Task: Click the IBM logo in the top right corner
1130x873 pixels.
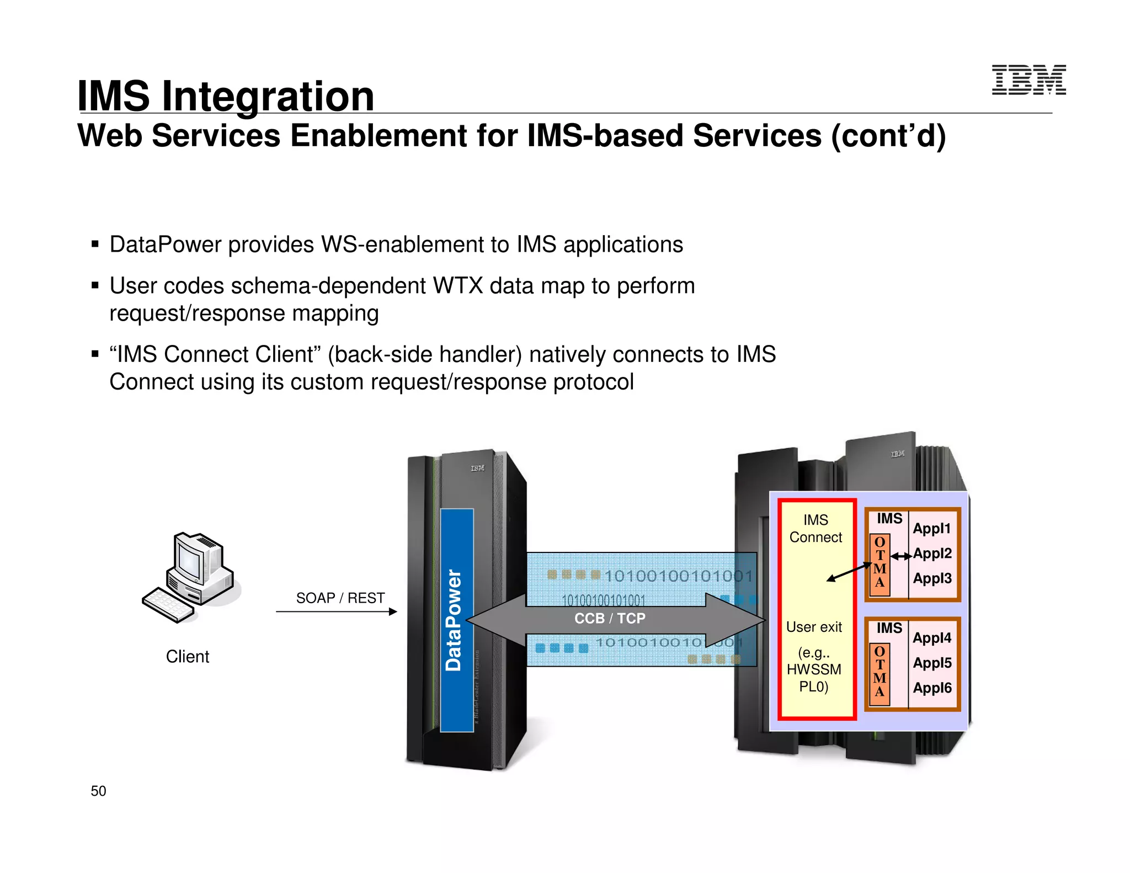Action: click(1028, 80)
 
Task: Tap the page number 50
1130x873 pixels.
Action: click(98, 791)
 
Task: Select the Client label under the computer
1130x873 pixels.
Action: click(188, 656)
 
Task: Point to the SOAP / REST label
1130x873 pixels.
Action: click(340, 598)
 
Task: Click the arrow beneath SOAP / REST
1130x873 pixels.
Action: click(336, 611)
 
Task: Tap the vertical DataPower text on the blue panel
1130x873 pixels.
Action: click(454, 620)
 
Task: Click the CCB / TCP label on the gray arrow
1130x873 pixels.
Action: click(610, 618)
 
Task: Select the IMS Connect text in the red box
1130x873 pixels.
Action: click(815, 528)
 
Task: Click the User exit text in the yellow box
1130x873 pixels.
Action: click(814, 627)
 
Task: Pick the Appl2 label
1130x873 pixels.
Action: click(932, 553)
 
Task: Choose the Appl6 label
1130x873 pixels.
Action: click(932, 688)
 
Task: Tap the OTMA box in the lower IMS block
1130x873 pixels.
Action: click(880, 673)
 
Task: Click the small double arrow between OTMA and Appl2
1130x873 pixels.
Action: click(901, 556)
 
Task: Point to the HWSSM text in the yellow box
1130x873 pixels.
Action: click(814, 669)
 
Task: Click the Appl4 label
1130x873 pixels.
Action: click(932, 638)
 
